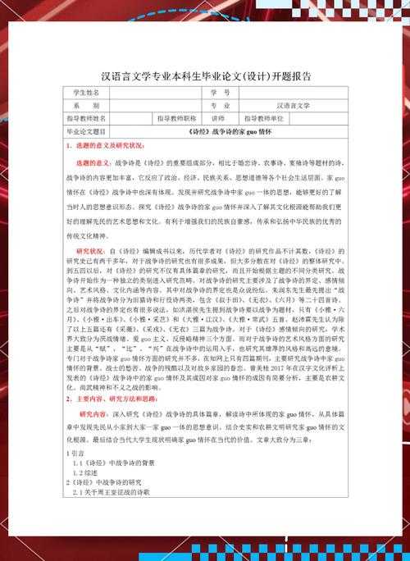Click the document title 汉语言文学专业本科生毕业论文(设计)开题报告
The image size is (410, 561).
click(205, 75)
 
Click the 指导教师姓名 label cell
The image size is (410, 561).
click(91, 118)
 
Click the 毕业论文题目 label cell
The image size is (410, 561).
click(91, 131)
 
